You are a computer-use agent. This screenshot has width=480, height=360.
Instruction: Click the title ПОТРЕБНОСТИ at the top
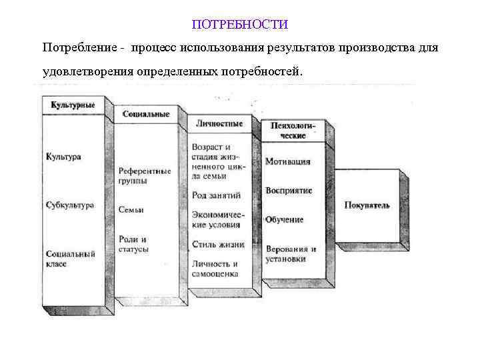240,25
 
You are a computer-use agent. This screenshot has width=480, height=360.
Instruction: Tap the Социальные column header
145,114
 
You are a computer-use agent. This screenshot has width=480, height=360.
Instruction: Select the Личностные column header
219,123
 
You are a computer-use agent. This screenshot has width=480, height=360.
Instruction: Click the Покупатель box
367,205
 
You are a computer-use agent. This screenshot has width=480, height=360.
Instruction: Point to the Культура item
63,157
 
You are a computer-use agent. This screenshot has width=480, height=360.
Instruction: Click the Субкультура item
70,205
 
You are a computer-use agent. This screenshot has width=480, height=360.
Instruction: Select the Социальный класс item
71,259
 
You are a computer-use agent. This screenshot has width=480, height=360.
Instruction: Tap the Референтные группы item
144,175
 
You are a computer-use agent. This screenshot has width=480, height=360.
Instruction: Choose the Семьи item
131,209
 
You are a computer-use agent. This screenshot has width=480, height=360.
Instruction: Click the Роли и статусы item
133,244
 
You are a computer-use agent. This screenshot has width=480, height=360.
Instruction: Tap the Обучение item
285,220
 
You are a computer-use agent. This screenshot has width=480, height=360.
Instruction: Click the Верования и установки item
291,254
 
